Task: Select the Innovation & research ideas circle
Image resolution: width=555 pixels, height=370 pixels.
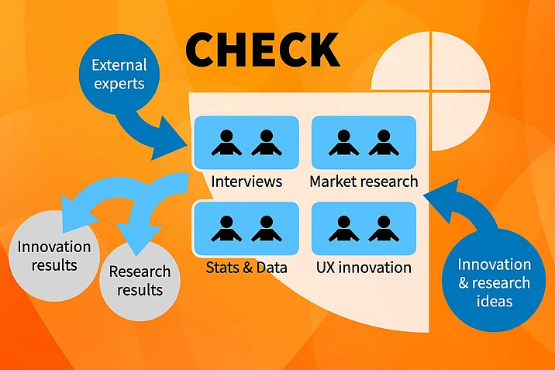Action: [x=493, y=282]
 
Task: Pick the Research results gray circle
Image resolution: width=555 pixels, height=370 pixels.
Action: [x=140, y=281]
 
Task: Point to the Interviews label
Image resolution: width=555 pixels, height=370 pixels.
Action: [x=246, y=182]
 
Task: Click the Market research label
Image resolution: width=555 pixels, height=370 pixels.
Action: [x=364, y=182]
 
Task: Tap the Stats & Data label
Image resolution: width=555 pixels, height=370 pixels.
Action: [x=246, y=268]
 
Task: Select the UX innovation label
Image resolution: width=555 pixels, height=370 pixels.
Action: [x=364, y=268]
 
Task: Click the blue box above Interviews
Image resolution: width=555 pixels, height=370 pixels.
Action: [x=246, y=143]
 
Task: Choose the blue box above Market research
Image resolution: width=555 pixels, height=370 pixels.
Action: [x=364, y=143]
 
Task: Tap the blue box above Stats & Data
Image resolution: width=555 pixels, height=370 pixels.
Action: [x=246, y=228]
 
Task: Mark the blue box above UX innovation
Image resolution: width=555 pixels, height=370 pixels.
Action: [x=364, y=228]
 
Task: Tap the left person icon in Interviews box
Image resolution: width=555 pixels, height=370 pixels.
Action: [x=226, y=143]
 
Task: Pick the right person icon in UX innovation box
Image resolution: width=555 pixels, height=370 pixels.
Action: [x=383, y=228]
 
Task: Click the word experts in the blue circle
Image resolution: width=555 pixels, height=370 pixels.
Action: [x=118, y=84]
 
